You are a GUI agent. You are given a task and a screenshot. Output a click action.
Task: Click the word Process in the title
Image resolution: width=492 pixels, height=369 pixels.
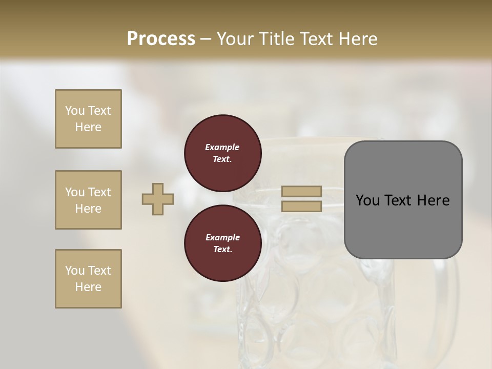[x=161, y=39]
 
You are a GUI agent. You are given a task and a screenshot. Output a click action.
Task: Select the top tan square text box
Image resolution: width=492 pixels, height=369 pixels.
[x=88, y=119]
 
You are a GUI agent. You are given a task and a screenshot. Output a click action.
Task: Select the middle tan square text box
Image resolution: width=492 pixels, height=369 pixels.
[x=88, y=200]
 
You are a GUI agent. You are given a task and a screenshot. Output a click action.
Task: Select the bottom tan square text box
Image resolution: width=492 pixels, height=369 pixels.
[x=88, y=279]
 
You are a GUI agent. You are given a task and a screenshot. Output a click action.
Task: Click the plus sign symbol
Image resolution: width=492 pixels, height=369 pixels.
[x=158, y=199]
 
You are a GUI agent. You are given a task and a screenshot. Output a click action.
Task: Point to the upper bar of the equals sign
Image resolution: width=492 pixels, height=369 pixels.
[x=301, y=191]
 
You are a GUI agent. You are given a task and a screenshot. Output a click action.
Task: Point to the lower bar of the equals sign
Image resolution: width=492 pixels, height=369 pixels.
[x=301, y=207]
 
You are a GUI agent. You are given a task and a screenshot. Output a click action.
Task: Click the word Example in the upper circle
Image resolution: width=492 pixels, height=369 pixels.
[x=222, y=147]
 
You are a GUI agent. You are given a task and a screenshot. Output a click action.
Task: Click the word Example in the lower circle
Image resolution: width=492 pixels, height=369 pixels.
[x=222, y=237]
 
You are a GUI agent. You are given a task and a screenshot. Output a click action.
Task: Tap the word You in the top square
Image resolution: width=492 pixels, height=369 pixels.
[x=75, y=111]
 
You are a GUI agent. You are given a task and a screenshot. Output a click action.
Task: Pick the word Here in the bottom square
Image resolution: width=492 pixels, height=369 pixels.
[x=88, y=287]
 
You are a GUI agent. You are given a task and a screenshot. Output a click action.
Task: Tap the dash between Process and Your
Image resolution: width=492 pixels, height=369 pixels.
[x=206, y=39]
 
